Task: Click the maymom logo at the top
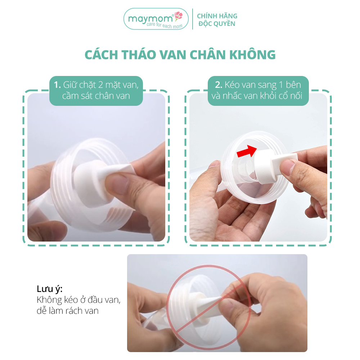pos(156,19)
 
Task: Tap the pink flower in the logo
pos(179,15)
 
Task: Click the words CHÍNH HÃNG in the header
pos(217,16)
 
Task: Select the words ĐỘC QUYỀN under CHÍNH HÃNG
pos(217,23)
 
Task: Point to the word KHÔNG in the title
pos(252,55)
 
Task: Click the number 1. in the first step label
pos(57,85)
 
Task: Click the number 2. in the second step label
pos(219,85)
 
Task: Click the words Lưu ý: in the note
pos(49,289)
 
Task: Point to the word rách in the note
pos(73,311)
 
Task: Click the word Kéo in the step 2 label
pos(232,85)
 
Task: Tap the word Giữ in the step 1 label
pos(70,85)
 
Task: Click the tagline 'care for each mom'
pos(165,25)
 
